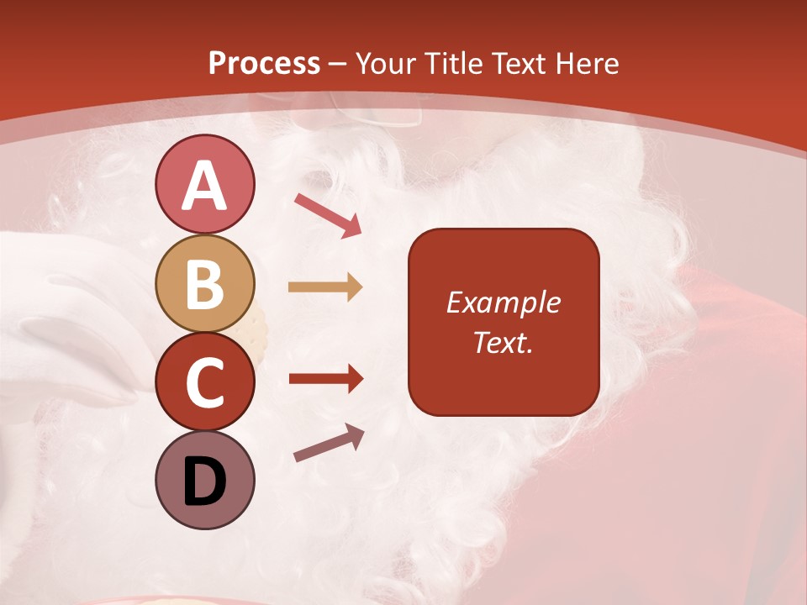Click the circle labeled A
pyautogui.click(x=204, y=184)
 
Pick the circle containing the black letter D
pyautogui.click(x=204, y=480)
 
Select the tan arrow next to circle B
pyautogui.click(x=325, y=287)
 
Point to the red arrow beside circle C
pyautogui.click(x=325, y=379)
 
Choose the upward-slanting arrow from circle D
pyautogui.click(x=329, y=443)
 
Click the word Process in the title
pyautogui.click(x=264, y=63)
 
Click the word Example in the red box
pyautogui.click(x=504, y=302)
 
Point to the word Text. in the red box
pyautogui.click(x=504, y=342)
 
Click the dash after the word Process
pyautogui.click(x=338, y=64)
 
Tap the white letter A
pyautogui.click(x=204, y=186)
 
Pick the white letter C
pyautogui.click(x=204, y=382)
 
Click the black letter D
pyautogui.click(x=204, y=481)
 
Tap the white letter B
pyautogui.click(x=204, y=284)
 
